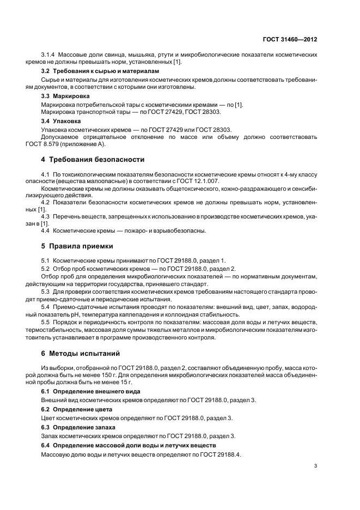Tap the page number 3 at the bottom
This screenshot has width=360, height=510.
[316, 465]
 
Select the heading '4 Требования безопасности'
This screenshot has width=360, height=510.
[93, 160]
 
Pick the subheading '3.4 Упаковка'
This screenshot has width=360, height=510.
[59, 121]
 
